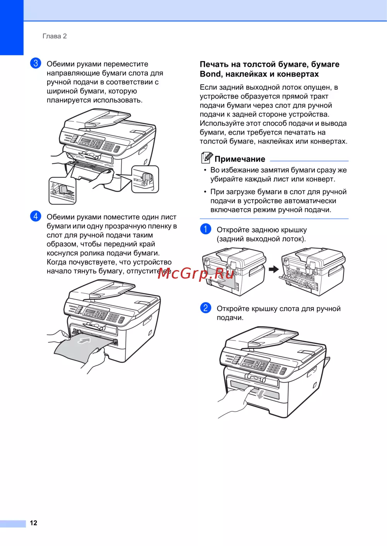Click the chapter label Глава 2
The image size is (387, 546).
click(x=55, y=36)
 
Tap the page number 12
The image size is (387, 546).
click(x=33, y=523)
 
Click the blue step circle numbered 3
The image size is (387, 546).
click(x=36, y=63)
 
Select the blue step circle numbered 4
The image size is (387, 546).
click(x=36, y=216)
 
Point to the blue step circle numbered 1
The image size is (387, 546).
click(x=205, y=229)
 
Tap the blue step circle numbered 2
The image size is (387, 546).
click(x=205, y=308)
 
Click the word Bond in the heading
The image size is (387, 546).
click(x=210, y=74)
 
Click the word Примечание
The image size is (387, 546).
click(x=240, y=159)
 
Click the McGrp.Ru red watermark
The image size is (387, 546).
click(x=196, y=274)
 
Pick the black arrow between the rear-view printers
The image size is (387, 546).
click(x=274, y=269)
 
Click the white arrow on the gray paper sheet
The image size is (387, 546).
click(x=84, y=341)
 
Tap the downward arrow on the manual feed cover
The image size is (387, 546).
click(x=261, y=394)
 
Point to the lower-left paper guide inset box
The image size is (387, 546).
click(x=62, y=191)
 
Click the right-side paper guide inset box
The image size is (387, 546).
click(x=145, y=179)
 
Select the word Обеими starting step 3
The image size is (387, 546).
click(x=60, y=64)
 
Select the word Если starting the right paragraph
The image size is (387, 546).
click(x=208, y=87)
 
